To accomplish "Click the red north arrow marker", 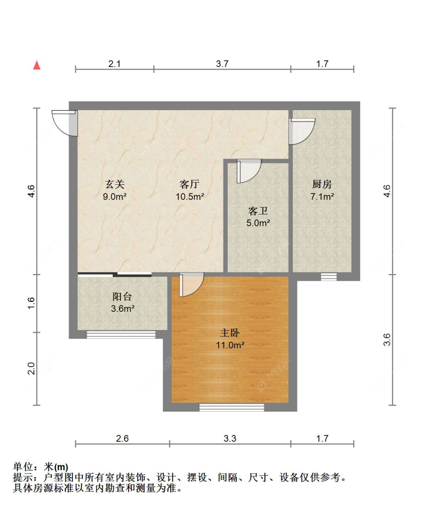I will coord(37,65).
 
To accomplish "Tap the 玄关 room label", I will coord(115,184).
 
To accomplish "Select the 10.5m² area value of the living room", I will coord(190,197).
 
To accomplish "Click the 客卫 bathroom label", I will coord(258,211).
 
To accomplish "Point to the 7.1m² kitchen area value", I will coord(322,197).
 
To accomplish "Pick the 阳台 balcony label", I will coord(122,297).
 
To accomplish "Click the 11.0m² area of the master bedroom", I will coord(230,345).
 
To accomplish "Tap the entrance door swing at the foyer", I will coord(65,122).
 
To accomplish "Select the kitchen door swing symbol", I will coord(301,131).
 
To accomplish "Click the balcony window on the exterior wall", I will coord(121,335).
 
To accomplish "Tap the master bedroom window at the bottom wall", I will coord(231,407).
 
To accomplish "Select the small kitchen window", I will coord(328,277).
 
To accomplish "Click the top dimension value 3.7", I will coord(222,64).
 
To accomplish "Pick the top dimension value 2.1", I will coord(114,64).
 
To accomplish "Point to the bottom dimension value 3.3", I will coord(230,438).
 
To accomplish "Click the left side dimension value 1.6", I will coord(31,303).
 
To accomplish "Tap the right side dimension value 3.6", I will coord(387,340).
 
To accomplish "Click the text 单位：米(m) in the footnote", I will coord(40,467).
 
